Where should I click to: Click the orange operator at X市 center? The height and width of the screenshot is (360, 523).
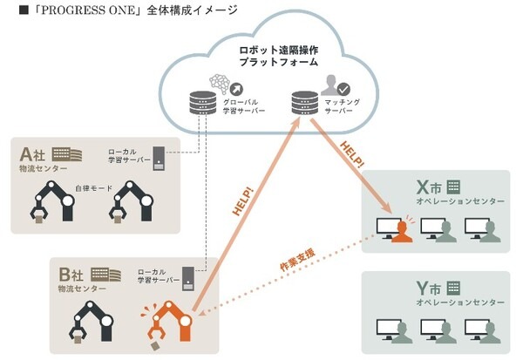click(x=400, y=228)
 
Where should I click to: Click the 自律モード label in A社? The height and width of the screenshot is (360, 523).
click(x=91, y=187)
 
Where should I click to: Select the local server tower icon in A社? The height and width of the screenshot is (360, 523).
click(x=158, y=157)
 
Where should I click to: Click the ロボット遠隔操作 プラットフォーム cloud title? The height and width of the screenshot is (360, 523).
click(x=280, y=57)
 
